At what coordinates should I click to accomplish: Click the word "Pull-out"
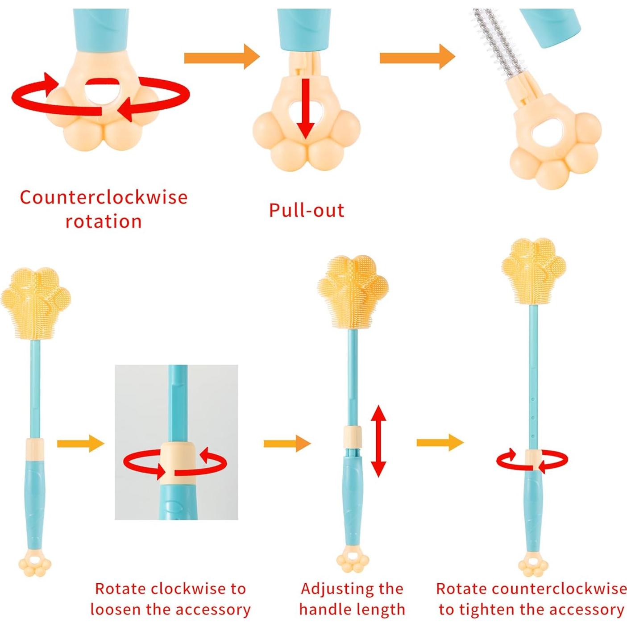[307, 210]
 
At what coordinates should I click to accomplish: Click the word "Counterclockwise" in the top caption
[104, 197]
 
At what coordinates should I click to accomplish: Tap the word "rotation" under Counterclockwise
[104, 221]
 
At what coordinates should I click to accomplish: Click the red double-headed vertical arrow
[378, 441]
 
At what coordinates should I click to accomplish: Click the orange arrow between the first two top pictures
[221, 57]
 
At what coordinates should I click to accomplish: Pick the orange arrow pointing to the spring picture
[417, 57]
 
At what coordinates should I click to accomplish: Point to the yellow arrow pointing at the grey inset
[80, 443]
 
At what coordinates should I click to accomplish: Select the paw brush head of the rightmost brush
[533, 270]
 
